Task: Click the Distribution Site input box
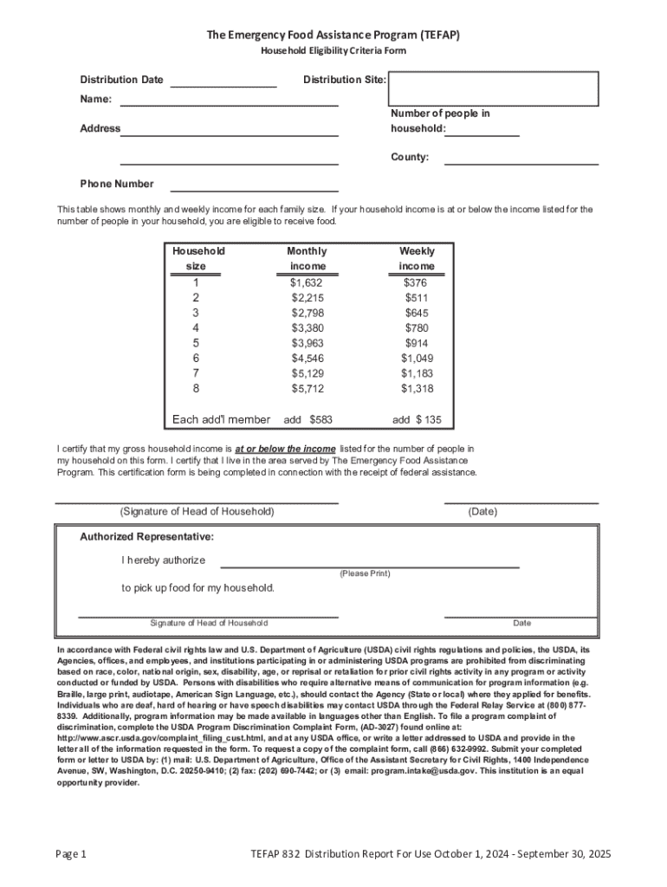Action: click(493, 88)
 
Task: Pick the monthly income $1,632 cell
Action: click(307, 282)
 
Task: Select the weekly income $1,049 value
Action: click(417, 359)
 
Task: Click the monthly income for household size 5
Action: click(307, 343)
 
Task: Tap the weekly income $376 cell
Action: click(416, 282)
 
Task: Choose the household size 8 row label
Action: click(196, 389)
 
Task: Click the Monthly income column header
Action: click(308, 258)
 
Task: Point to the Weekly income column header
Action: click(417, 258)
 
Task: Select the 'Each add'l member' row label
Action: click(221, 419)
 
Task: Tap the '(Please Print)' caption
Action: click(365, 573)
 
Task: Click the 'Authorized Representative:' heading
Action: click(146, 537)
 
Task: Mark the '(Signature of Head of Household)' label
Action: click(197, 512)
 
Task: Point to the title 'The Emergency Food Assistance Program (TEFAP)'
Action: click(333, 35)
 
